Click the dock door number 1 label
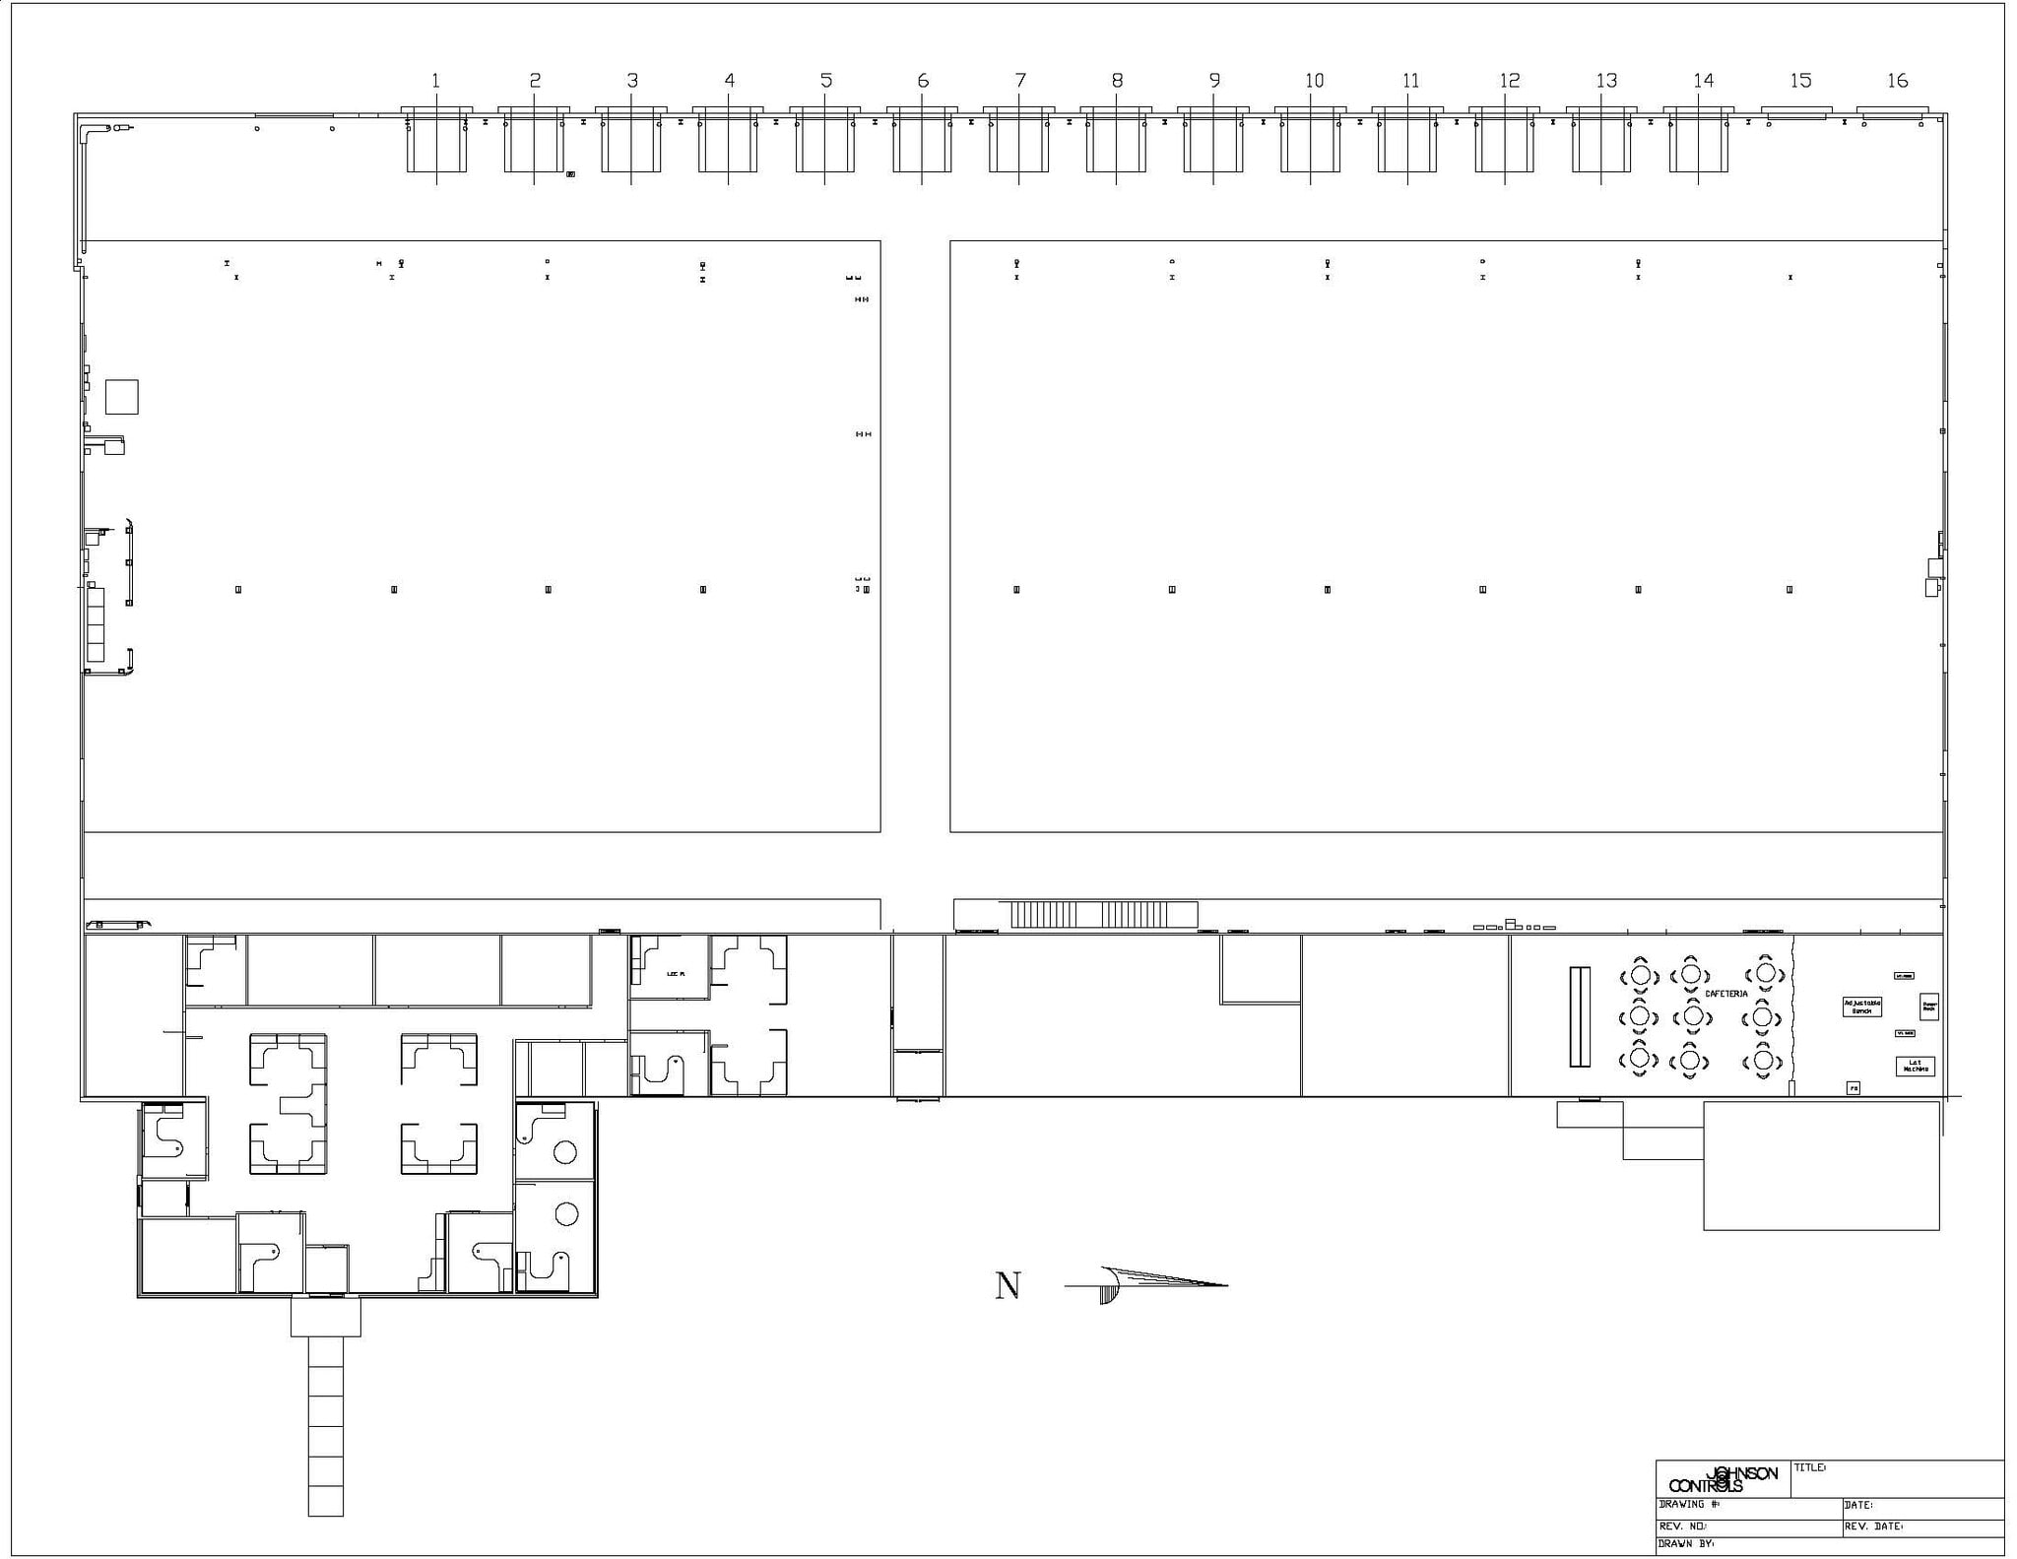coord(435,81)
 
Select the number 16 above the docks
coord(1897,81)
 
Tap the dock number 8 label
coord(1117,81)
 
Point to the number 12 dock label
coord(1509,81)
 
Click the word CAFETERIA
coord(1725,994)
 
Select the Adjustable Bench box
coord(1861,1007)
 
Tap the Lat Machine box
coord(1915,1066)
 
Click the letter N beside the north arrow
coord(1008,1285)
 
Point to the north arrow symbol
coord(1147,1284)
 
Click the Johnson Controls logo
coord(1724,1479)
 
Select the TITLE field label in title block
coord(1810,1467)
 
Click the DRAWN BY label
coord(1686,1544)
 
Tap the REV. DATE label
coord(1872,1527)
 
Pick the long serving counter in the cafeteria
coord(1580,1016)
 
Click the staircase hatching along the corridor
coord(1103,914)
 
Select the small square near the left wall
coord(122,397)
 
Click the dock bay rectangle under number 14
coord(1698,144)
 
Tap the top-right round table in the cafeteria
coord(1765,974)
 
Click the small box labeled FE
coord(1853,1088)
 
